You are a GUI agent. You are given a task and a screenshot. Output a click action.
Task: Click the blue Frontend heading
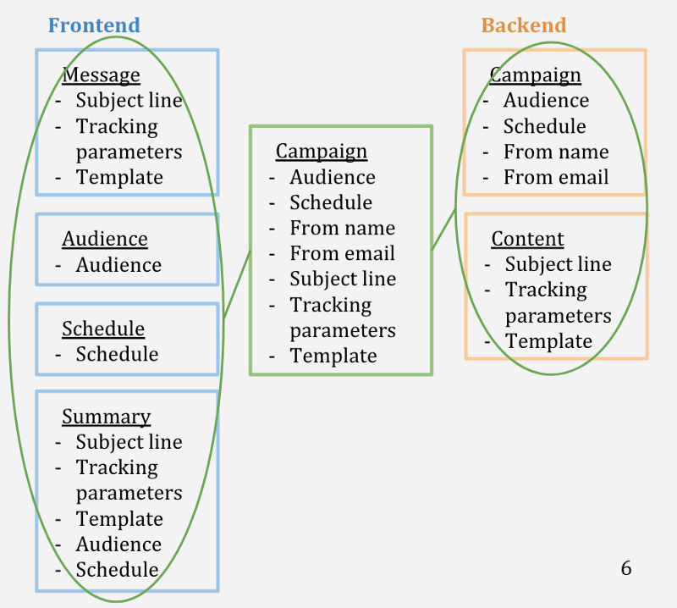click(x=94, y=25)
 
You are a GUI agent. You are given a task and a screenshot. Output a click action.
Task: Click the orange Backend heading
click(x=524, y=25)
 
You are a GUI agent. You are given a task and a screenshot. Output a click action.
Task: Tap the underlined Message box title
click(x=102, y=75)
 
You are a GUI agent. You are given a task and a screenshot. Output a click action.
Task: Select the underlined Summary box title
click(x=106, y=416)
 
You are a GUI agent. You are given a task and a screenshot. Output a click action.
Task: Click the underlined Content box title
click(x=527, y=239)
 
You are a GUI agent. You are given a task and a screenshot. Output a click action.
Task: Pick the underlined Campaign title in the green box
click(x=322, y=151)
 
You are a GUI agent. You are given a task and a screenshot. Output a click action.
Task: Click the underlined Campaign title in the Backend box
click(x=536, y=75)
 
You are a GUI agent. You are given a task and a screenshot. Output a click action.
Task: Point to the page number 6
click(x=626, y=567)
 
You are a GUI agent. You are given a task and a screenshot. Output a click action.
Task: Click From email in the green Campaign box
click(x=342, y=253)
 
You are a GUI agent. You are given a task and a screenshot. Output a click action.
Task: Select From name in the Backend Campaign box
click(x=556, y=152)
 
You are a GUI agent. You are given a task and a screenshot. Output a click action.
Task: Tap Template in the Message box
click(x=119, y=177)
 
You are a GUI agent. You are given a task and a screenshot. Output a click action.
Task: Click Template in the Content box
click(x=548, y=340)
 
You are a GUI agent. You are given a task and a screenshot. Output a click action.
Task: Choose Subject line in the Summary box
click(x=129, y=441)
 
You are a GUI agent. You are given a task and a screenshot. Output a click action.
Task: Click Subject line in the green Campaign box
click(x=343, y=279)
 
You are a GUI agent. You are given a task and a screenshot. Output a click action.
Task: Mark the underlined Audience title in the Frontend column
click(x=105, y=239)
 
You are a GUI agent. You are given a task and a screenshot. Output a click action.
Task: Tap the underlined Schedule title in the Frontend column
click(x=103, y=329)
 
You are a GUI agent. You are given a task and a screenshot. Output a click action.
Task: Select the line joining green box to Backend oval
click(x=443, y=228)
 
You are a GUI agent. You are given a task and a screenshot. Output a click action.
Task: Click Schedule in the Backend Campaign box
click(x=544, y=126)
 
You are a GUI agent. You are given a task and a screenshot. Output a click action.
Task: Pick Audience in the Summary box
click(x=118, y=544)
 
